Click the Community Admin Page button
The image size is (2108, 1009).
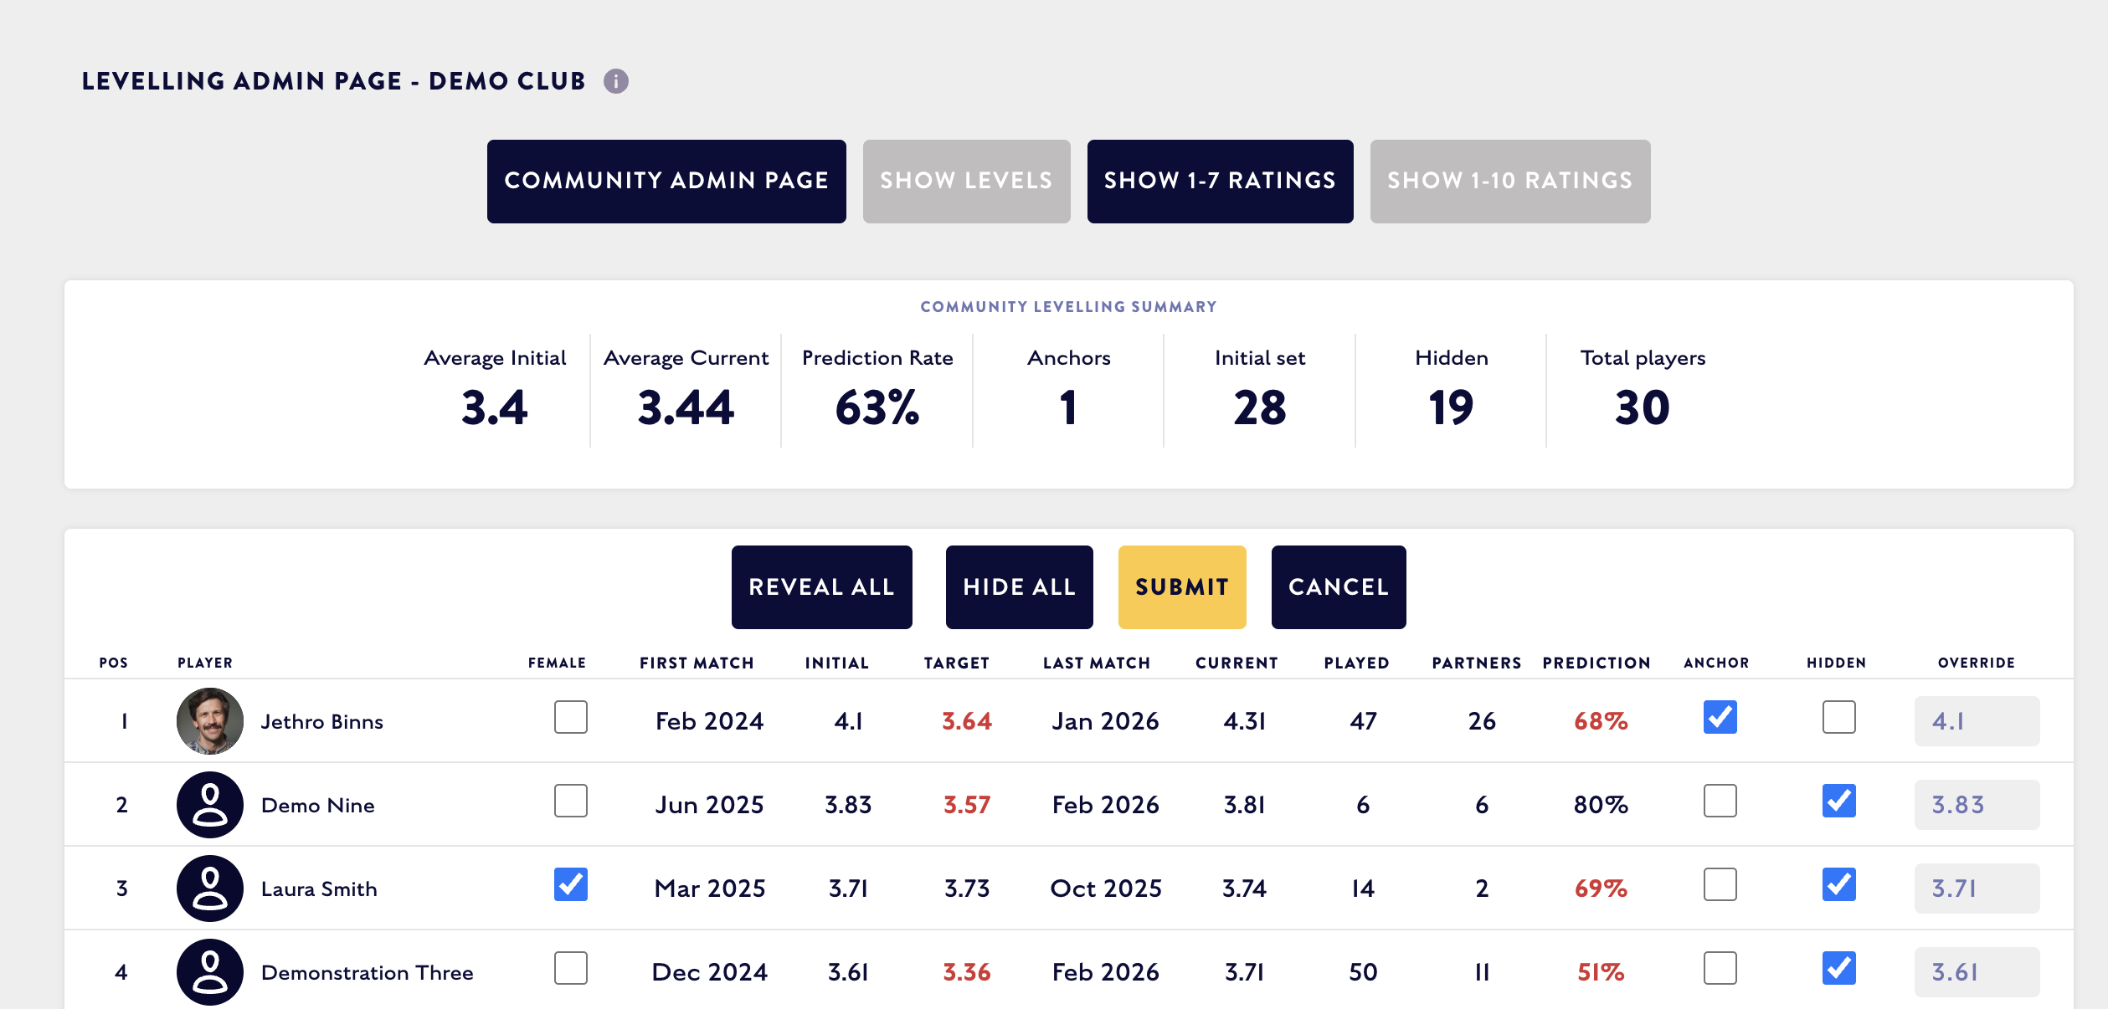click(x=666, y=181)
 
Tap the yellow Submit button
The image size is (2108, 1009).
click(x=1182, y=586)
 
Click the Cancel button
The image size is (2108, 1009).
click(x=1339, y=586)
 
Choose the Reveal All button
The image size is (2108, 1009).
click(x=822, y=586)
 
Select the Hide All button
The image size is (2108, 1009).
click(x=1020, y=586)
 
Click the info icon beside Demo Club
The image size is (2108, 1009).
click(x=616, y=81)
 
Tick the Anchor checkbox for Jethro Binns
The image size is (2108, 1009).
click(x=1720, y=717)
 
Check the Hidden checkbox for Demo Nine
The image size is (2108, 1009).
click(x=1839, y=801)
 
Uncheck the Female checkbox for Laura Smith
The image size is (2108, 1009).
click(x=571, y=884)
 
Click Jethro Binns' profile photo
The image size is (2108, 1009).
click(x=210, y=721)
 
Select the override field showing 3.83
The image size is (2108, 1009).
click(x=1977, y=805)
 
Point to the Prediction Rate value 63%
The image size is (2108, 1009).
click(x=877, y=408)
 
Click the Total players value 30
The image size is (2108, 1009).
click(x=1643, y=408)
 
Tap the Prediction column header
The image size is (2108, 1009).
click(x=1596, y=663)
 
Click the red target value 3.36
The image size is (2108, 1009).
click(x=967, y=972)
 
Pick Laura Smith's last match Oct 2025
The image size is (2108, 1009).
click(x=1106, y=889)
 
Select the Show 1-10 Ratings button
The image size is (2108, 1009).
click(x=1510, y=181)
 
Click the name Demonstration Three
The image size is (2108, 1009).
click(x=368, y=972)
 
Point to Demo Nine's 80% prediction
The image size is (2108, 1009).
click(x=1601, y=805)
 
